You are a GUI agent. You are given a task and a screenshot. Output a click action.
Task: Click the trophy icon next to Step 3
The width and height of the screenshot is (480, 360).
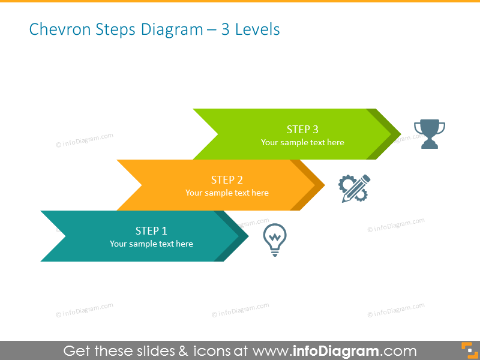pos(430,134)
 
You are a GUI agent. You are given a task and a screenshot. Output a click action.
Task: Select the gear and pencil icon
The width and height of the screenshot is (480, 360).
pos(354,188)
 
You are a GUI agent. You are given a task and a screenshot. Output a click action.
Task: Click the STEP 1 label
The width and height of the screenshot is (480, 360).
pos(151,231)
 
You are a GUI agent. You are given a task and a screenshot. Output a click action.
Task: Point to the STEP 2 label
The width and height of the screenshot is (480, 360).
pos(227,180)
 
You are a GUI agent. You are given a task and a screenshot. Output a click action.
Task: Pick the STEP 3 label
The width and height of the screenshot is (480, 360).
pos(302,130)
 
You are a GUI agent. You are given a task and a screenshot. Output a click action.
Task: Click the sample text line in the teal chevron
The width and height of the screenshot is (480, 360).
pos(151,244)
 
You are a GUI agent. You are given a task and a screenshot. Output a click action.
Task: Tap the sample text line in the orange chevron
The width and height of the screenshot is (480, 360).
pos(227,193)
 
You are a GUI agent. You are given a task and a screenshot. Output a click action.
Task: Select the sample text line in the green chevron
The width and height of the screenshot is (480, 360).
pos(302,143)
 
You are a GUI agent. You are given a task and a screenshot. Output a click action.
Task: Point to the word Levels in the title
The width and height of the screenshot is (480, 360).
pos(257,29)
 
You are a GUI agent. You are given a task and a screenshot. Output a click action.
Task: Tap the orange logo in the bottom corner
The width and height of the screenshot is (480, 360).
pos(467,350)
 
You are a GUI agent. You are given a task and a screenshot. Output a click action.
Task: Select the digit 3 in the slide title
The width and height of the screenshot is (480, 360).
pos(226,29)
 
